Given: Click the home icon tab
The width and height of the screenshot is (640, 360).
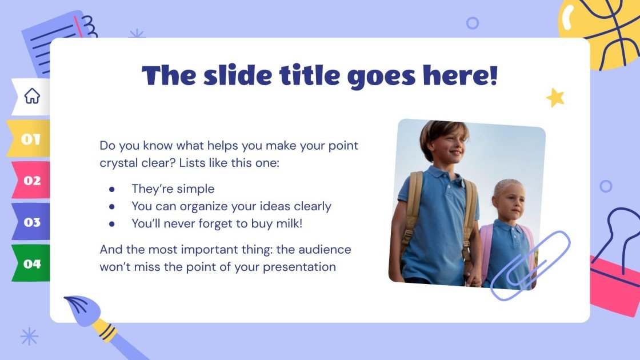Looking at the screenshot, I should click(x=32, y=96).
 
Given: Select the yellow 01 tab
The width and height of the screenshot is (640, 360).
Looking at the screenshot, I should click(x=31, y=139).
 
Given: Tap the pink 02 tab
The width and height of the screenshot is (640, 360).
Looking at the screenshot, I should click(x=32, y=181).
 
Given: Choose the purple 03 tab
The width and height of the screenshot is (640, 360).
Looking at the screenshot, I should click(x=32, y=222).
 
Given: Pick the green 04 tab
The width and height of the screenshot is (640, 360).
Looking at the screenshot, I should click(x=32, y=263).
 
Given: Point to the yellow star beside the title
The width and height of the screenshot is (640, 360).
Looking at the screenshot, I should click(x=555, y=98).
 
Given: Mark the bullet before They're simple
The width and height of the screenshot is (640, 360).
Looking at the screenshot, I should click(x=112, y=189).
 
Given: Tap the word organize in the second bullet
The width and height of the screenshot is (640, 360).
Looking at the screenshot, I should click(x=201, y=206).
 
